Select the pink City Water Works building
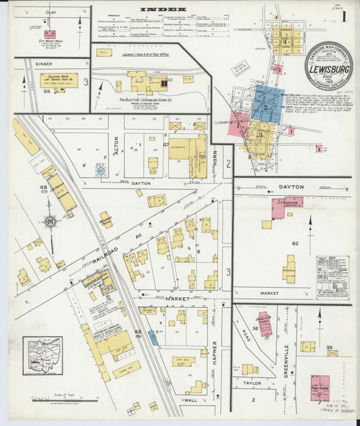[x=50, y=34]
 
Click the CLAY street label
[x=51, y=12]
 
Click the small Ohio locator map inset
[x=42, y=356]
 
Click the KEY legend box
[x=333, y=277]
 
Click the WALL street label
[x=190, y=400]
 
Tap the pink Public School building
[x=319, y=388]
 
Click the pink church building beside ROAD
[x=264, y=325]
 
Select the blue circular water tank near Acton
[x=101, y=171]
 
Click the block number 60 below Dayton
[x=294, y=242]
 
